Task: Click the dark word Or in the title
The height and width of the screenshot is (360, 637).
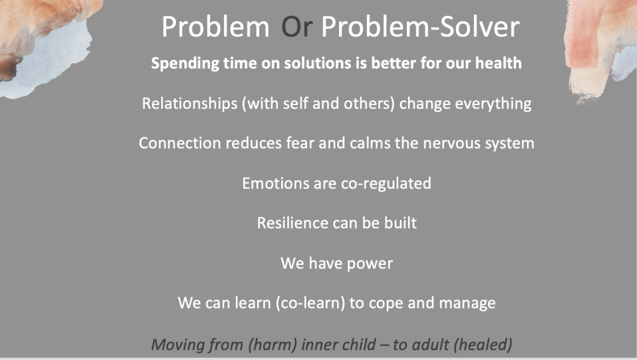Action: pyautogui.click(x=297, y=27)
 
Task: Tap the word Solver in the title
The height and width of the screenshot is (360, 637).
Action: pyautogui.click(x=480, y=27)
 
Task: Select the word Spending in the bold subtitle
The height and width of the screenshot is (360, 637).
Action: pyautogui.click(x=185, y=63)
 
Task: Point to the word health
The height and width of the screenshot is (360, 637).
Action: pyautogui.click(x=498, y=63)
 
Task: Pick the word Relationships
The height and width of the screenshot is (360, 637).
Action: pyautogui.click(x=189, y=104)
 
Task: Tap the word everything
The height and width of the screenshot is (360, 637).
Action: pyautogui.click(x=493, y=104)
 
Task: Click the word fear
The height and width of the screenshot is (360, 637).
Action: pyautogui.click(x=300, y=143)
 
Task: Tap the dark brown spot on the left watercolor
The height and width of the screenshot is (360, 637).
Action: pyautogui.click(x=8, y=69)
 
